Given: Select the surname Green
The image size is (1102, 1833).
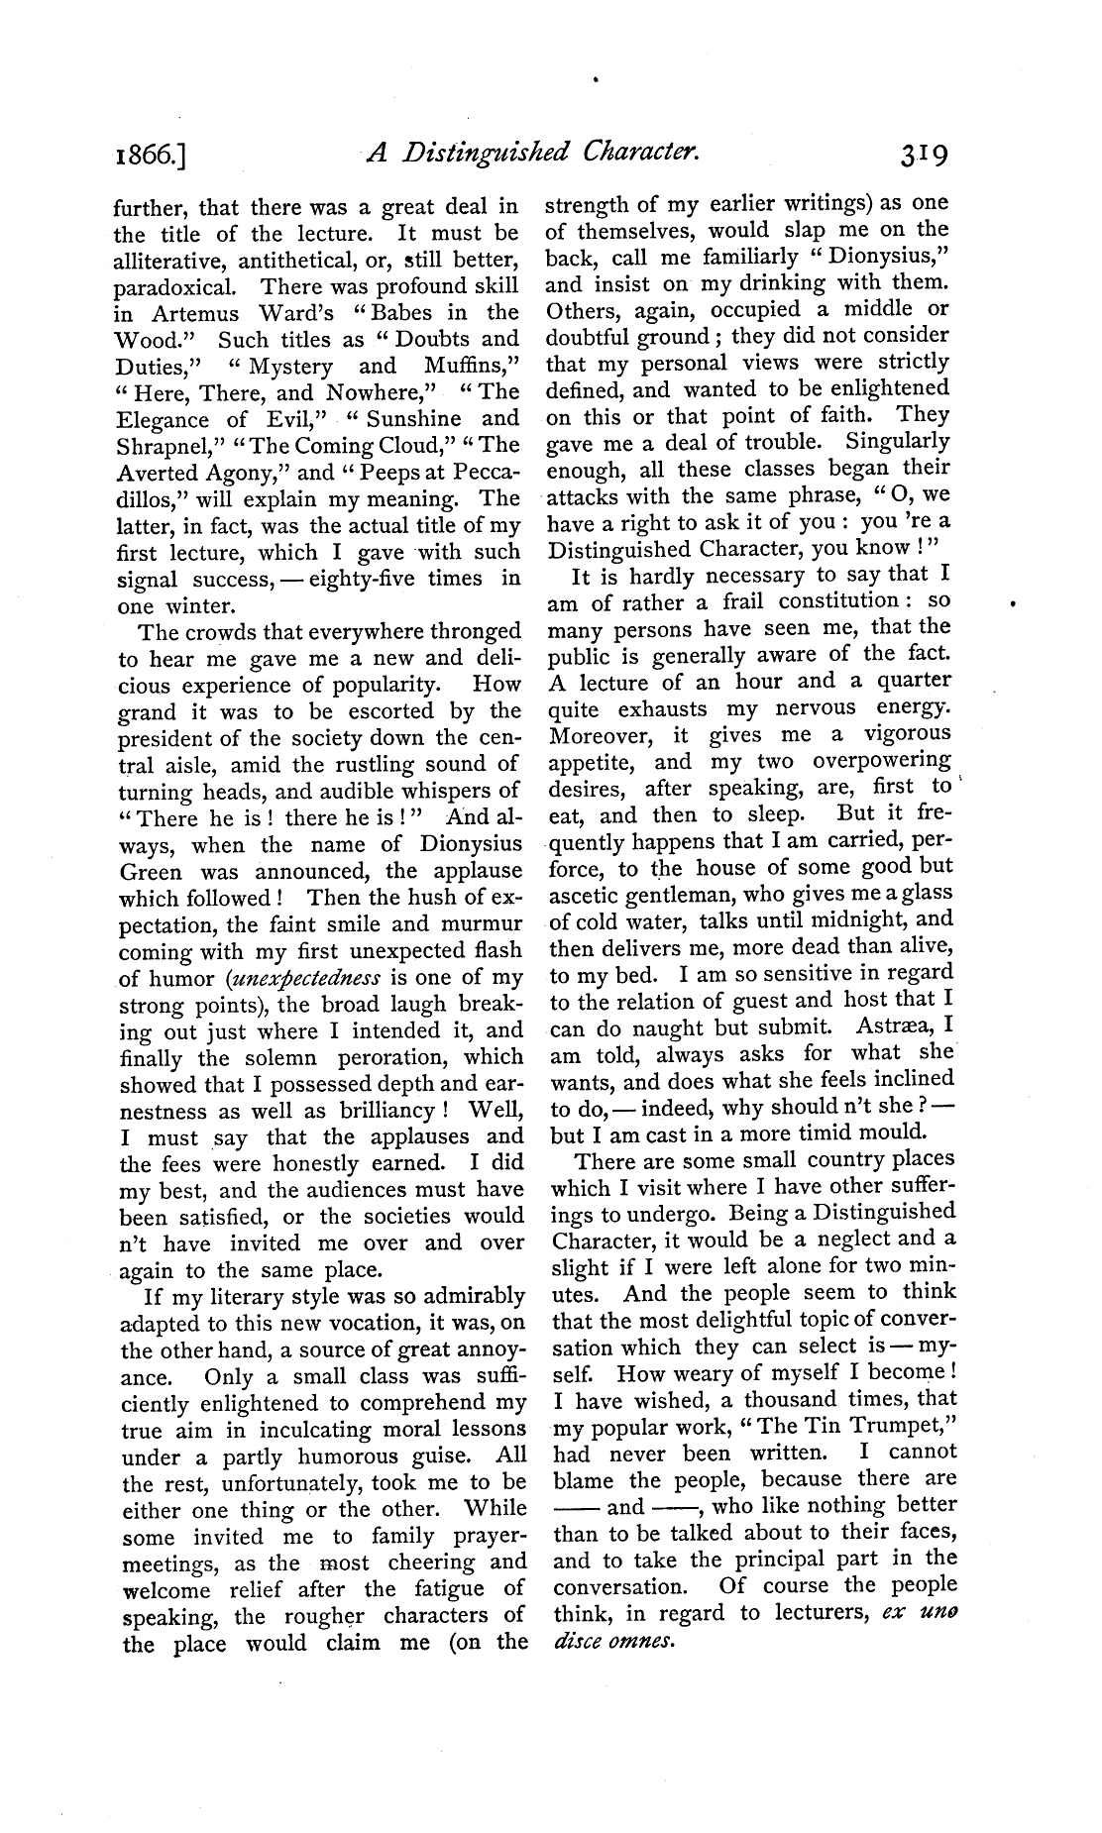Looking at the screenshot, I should coord(151,873).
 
